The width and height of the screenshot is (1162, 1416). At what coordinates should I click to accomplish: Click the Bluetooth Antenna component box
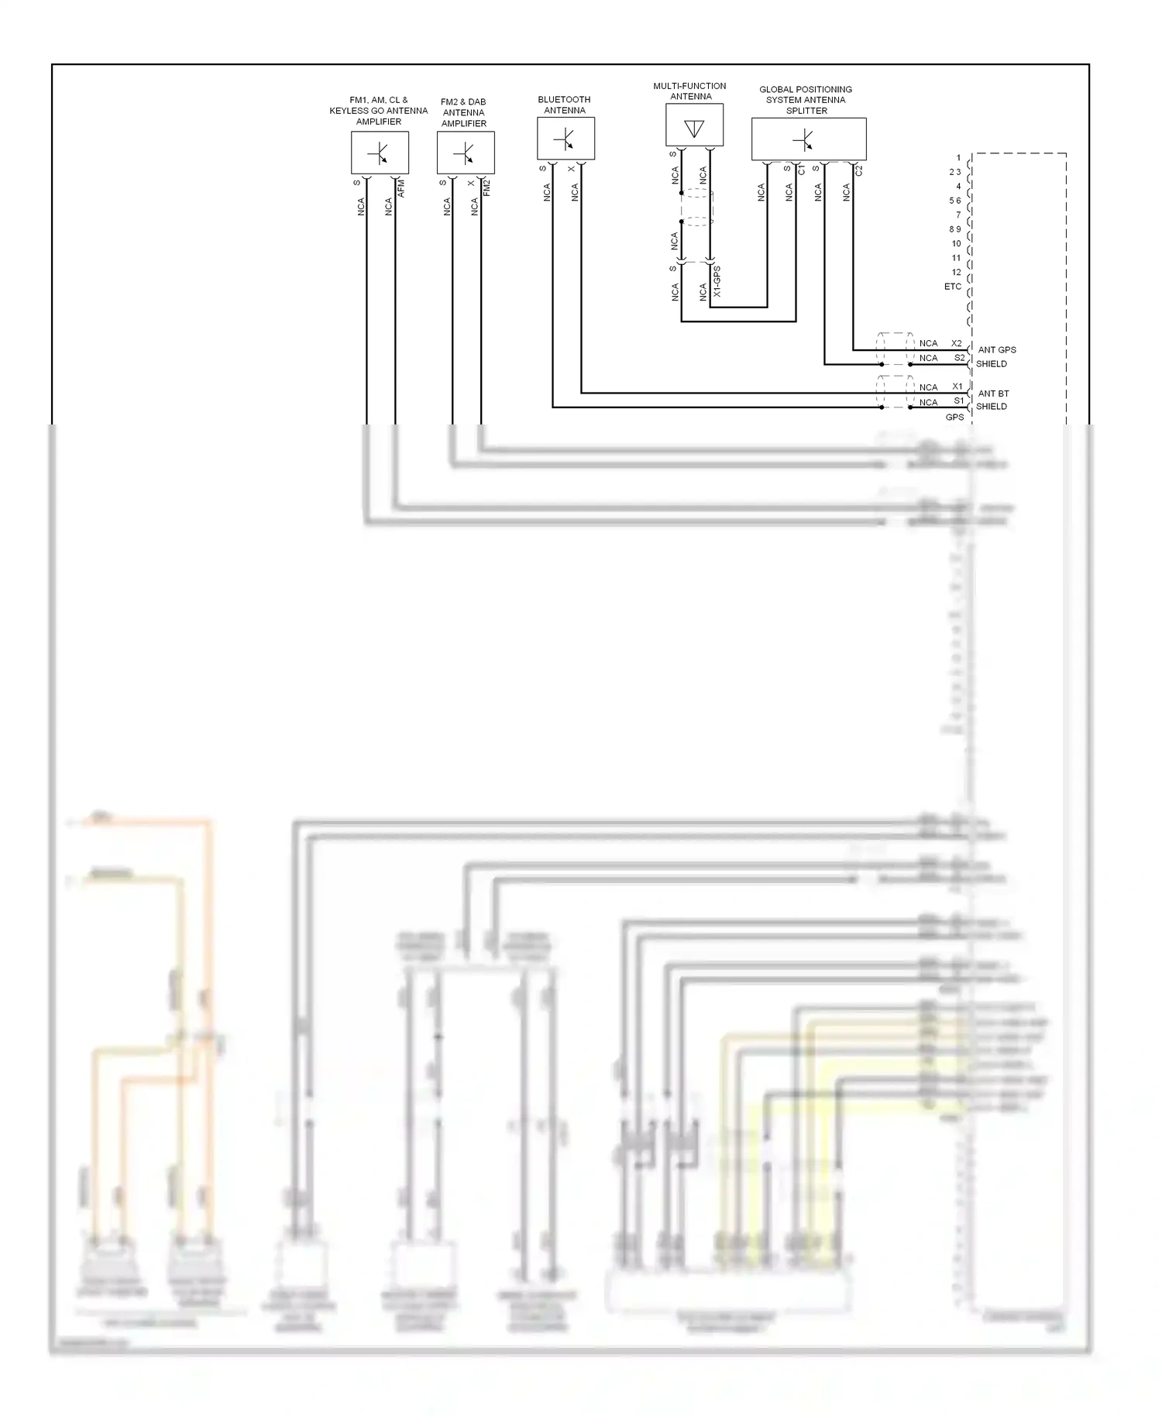[x=566, y=139]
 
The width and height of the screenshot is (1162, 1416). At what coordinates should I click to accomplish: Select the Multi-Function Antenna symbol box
[x=694, y=125]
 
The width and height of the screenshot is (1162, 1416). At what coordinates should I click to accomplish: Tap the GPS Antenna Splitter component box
[x=808, y=139]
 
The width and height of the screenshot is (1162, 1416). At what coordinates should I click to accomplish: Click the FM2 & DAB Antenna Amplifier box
[x=465, y=153]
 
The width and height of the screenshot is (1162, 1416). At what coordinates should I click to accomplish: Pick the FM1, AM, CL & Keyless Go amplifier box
[x=380, y=153]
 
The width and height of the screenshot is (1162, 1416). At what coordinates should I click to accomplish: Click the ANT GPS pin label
[x=996, y=350]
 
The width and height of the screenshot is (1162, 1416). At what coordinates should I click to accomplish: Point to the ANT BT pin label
[x=993, y=394]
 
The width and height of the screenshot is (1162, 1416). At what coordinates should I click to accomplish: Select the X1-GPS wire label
[x=717, y=282]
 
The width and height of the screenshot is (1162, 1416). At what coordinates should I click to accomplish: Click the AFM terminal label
[x=401, y=188]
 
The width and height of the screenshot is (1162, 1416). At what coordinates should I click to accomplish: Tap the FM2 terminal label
[x=487, y=188]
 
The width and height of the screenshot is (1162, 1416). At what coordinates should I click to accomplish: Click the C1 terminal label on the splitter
[x=802, y=169]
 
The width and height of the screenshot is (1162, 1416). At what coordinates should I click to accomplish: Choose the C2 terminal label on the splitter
[x=859, y=170]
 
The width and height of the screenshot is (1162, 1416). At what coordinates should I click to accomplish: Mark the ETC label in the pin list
[x=952, y=287]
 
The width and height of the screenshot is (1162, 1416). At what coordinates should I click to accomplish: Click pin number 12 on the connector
[x=956, y=273]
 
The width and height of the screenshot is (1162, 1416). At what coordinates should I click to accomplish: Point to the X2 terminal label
[x=956, y=343]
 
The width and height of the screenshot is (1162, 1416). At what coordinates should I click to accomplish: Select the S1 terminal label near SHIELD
[x=958, y=401]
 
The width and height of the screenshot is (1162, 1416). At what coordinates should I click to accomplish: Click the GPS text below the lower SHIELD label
[x=954, y=418]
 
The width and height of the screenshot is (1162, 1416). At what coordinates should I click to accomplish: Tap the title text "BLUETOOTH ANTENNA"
[x=564, y=105]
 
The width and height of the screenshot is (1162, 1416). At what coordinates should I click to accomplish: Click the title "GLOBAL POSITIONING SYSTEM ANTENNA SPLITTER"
[x=806, y=100]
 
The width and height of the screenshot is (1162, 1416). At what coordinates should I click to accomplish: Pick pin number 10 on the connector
[x=956, y=244]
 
